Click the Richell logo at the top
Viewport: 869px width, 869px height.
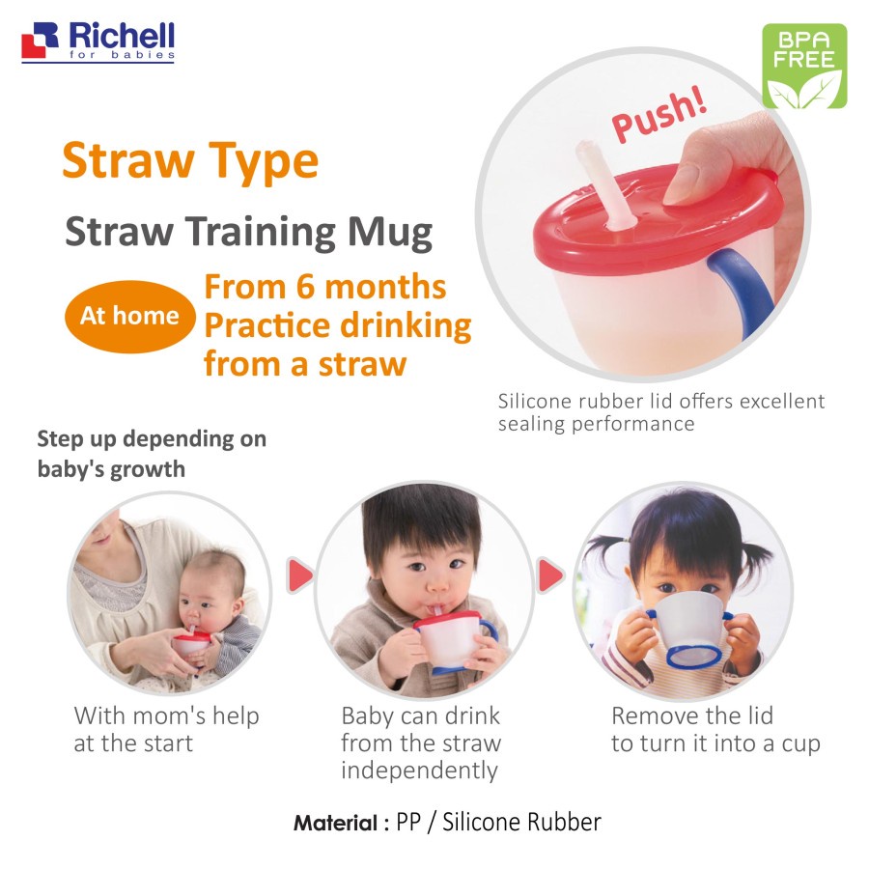tap(98, 42)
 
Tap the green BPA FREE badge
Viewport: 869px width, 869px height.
tap(804, 66)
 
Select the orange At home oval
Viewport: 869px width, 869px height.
tap(129, 317)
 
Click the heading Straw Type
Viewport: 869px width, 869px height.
tap(190, 160)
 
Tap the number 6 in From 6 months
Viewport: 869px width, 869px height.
tap(305, 288)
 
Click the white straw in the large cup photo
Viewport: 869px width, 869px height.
tap(604, 184)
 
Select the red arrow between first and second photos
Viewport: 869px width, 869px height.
tap(300, 575)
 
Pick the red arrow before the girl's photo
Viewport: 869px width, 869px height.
tap(550, 575)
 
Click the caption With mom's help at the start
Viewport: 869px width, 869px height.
tap(166, 729)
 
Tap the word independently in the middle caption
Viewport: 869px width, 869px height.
tap(420, 771)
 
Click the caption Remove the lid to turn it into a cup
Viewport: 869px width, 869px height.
tap(715, 729)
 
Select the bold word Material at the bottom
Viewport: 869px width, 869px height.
tap(335, 823)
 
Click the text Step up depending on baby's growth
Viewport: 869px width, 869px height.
tap(152, 454)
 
